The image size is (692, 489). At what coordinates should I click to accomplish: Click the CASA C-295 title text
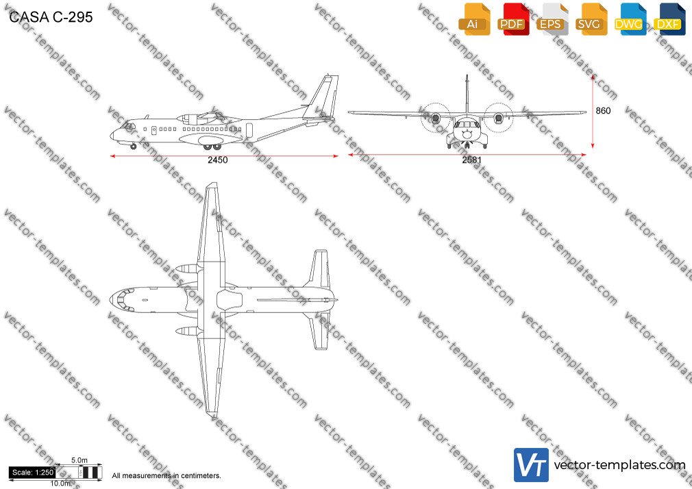coord(51,17)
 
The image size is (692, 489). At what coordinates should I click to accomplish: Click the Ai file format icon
coord(473,19)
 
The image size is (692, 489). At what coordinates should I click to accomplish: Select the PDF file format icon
coord(512,19)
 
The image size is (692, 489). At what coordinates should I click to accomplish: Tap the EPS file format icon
coord(552,19)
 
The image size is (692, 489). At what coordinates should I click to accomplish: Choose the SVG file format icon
coord(591,19)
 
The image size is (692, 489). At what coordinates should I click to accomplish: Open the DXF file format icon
coord(669,19)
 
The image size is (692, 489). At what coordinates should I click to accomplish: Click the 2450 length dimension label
coord(218,160)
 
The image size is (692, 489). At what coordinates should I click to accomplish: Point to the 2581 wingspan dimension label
coord(471,160)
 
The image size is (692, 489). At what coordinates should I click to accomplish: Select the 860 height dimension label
coord(603,111)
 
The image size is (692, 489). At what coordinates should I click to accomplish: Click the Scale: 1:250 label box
coord(33,473)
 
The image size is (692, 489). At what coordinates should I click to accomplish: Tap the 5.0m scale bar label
coord(79,460)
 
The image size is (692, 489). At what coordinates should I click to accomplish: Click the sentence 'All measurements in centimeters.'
coord(166,476)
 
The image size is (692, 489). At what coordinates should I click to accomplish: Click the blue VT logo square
coord(531,465)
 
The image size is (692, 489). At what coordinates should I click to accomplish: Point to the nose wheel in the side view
coord(134,146)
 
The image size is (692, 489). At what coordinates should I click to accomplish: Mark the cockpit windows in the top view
coord(123,300)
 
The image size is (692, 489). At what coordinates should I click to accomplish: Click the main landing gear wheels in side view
coord(212,147)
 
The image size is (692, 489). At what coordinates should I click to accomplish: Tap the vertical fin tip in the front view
coord(467,76)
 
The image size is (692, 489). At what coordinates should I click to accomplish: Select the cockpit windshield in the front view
coord(467,125)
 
